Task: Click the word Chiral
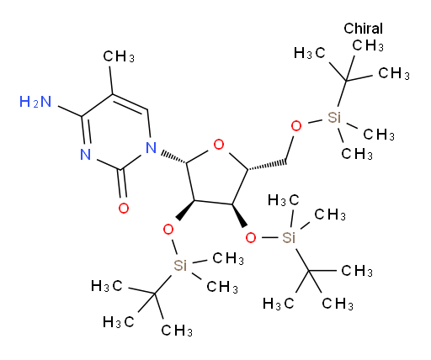point(363,29)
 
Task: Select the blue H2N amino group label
point(35,102)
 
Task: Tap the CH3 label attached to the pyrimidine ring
point(119,56)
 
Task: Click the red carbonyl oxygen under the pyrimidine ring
point(124,208)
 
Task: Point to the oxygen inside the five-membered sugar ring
point(219,145)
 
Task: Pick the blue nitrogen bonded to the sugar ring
point(152,147)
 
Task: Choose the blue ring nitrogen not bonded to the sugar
point(86,154)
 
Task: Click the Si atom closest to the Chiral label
point(334,118)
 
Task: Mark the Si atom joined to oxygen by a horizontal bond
point(289,238)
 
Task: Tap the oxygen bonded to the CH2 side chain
point(296,126)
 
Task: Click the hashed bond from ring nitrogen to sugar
point(173,157)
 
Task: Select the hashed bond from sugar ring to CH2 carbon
point(268,166)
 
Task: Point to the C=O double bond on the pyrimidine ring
point(123,183)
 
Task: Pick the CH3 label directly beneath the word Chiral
point(368,45)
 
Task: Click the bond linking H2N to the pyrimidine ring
point(70,111)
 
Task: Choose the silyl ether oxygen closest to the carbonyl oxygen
point(168,230)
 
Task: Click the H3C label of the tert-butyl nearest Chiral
point(310,53)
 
